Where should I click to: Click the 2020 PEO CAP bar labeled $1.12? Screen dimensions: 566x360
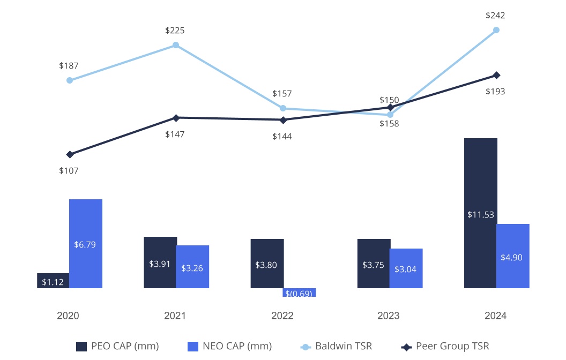click(x=53, y=281)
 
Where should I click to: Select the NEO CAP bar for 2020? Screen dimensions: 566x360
click(x=86, y=244)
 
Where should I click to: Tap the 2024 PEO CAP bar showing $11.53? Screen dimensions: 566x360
click(x=481, y=213)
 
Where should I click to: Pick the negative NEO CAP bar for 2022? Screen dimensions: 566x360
click(x=299, y=292)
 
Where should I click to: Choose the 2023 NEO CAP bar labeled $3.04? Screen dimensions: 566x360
click(x=406, y=268)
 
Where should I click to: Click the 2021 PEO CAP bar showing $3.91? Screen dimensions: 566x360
click(x=160, y=262)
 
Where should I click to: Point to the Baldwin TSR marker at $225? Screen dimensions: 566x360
click(x=176, y=45)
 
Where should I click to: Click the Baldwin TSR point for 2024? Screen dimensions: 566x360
click(x=496, y=30)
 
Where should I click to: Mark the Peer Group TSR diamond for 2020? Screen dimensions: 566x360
click(x=70, y=154)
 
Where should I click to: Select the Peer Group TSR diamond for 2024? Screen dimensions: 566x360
click(x=497, y=75)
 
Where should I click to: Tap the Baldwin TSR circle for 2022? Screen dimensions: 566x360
click(x=283, y=108)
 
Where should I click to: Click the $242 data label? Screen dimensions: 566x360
click(x=495, y=15)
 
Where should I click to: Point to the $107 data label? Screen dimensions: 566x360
click(x=69, y=170)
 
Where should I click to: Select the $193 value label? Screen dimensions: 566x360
click(x=495, y=91)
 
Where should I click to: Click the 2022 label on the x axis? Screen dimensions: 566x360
click(x=282, y=316)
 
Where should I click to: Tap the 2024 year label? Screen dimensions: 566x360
click(x=496, y=316)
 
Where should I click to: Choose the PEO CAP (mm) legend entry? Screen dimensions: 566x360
click(x=118, y=346)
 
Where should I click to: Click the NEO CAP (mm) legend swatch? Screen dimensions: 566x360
click(x=193, y=347)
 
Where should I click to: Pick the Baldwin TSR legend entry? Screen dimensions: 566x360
click(x=336, y=346)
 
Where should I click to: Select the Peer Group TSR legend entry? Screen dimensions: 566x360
click(x=445, y=346)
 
